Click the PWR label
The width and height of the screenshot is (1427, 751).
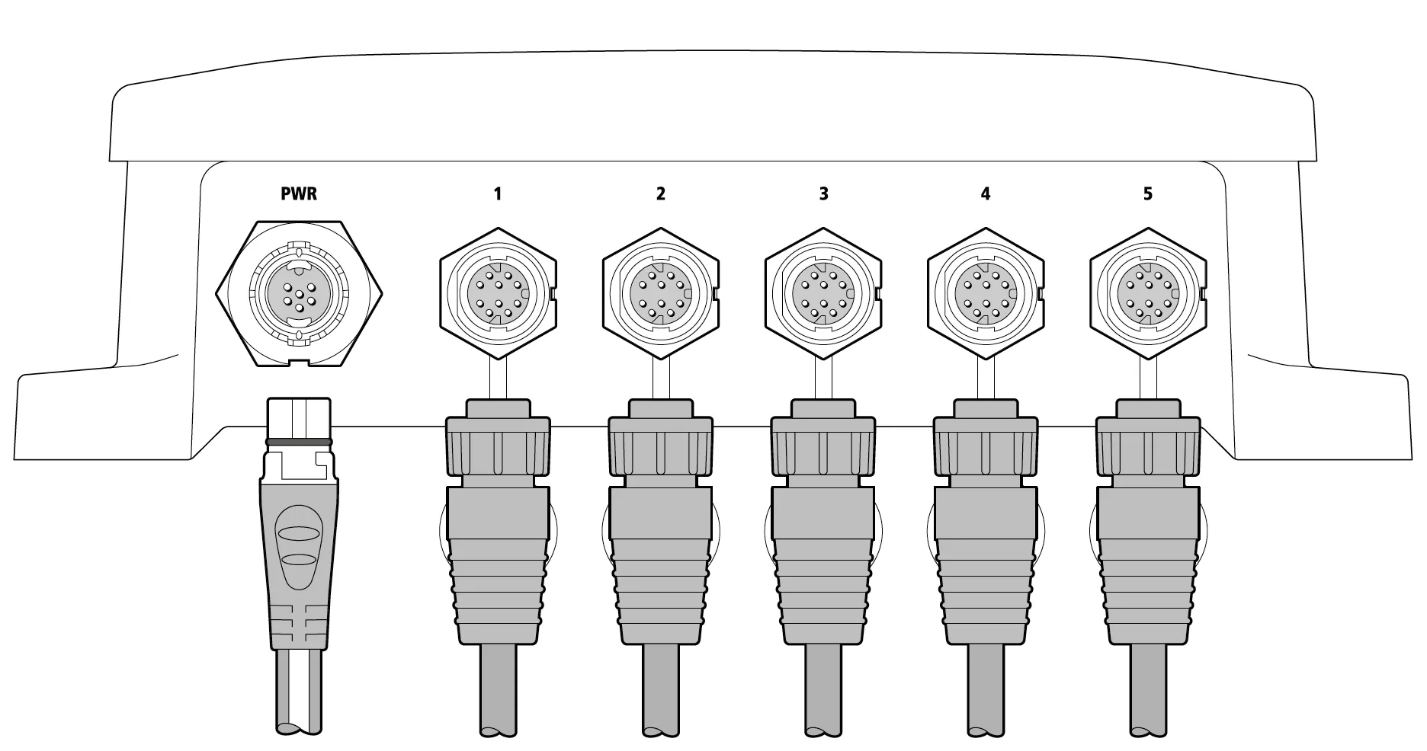click(299, 193)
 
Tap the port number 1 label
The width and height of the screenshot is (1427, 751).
click(498, 193)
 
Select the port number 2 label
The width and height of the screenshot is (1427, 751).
click(660, 193)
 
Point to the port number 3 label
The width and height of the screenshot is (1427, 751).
click(823, 193)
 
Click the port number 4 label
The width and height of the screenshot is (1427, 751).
click(986, 193)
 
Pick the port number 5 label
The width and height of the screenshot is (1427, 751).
click(1148, 193)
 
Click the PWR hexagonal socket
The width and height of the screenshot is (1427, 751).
click(299, 292)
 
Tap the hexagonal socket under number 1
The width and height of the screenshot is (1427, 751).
click(498, 293)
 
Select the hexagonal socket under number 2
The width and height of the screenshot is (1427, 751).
click(660, 293)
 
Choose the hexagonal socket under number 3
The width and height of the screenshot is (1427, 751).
click(823, 293)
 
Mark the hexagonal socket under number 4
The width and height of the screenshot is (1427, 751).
click(986, 293)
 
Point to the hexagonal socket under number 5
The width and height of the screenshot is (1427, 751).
click(1148, 293)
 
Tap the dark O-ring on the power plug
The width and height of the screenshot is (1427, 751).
click(298, 442)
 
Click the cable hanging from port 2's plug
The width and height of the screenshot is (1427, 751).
click(660, 690)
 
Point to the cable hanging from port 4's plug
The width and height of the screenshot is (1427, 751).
click(986, 690)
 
